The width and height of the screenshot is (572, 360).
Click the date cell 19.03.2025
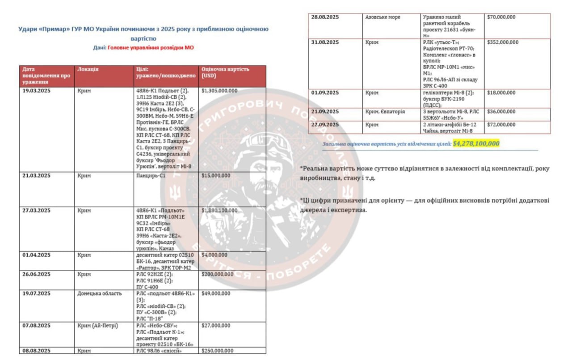[x=37, y=91]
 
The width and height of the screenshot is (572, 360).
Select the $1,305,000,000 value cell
[x=219, y=91]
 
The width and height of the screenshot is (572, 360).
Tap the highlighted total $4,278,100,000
[x=475, y=144]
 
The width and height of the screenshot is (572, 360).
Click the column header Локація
[x=88, y=70]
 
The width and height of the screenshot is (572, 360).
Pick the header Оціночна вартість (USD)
[x=225, y=72]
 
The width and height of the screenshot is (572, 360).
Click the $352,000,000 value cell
[x=503, y=42]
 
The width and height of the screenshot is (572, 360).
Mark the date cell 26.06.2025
[x=37, y=274]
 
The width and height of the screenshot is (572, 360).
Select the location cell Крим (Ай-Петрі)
[x=97, y=326]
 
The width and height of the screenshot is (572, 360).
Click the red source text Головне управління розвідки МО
[x=151, y=47]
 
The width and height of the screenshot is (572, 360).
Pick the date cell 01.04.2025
[x=37, y=255]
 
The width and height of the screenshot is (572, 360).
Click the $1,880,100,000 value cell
[x=219, y=210]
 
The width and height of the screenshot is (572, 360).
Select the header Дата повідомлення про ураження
[x=46, y=76]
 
